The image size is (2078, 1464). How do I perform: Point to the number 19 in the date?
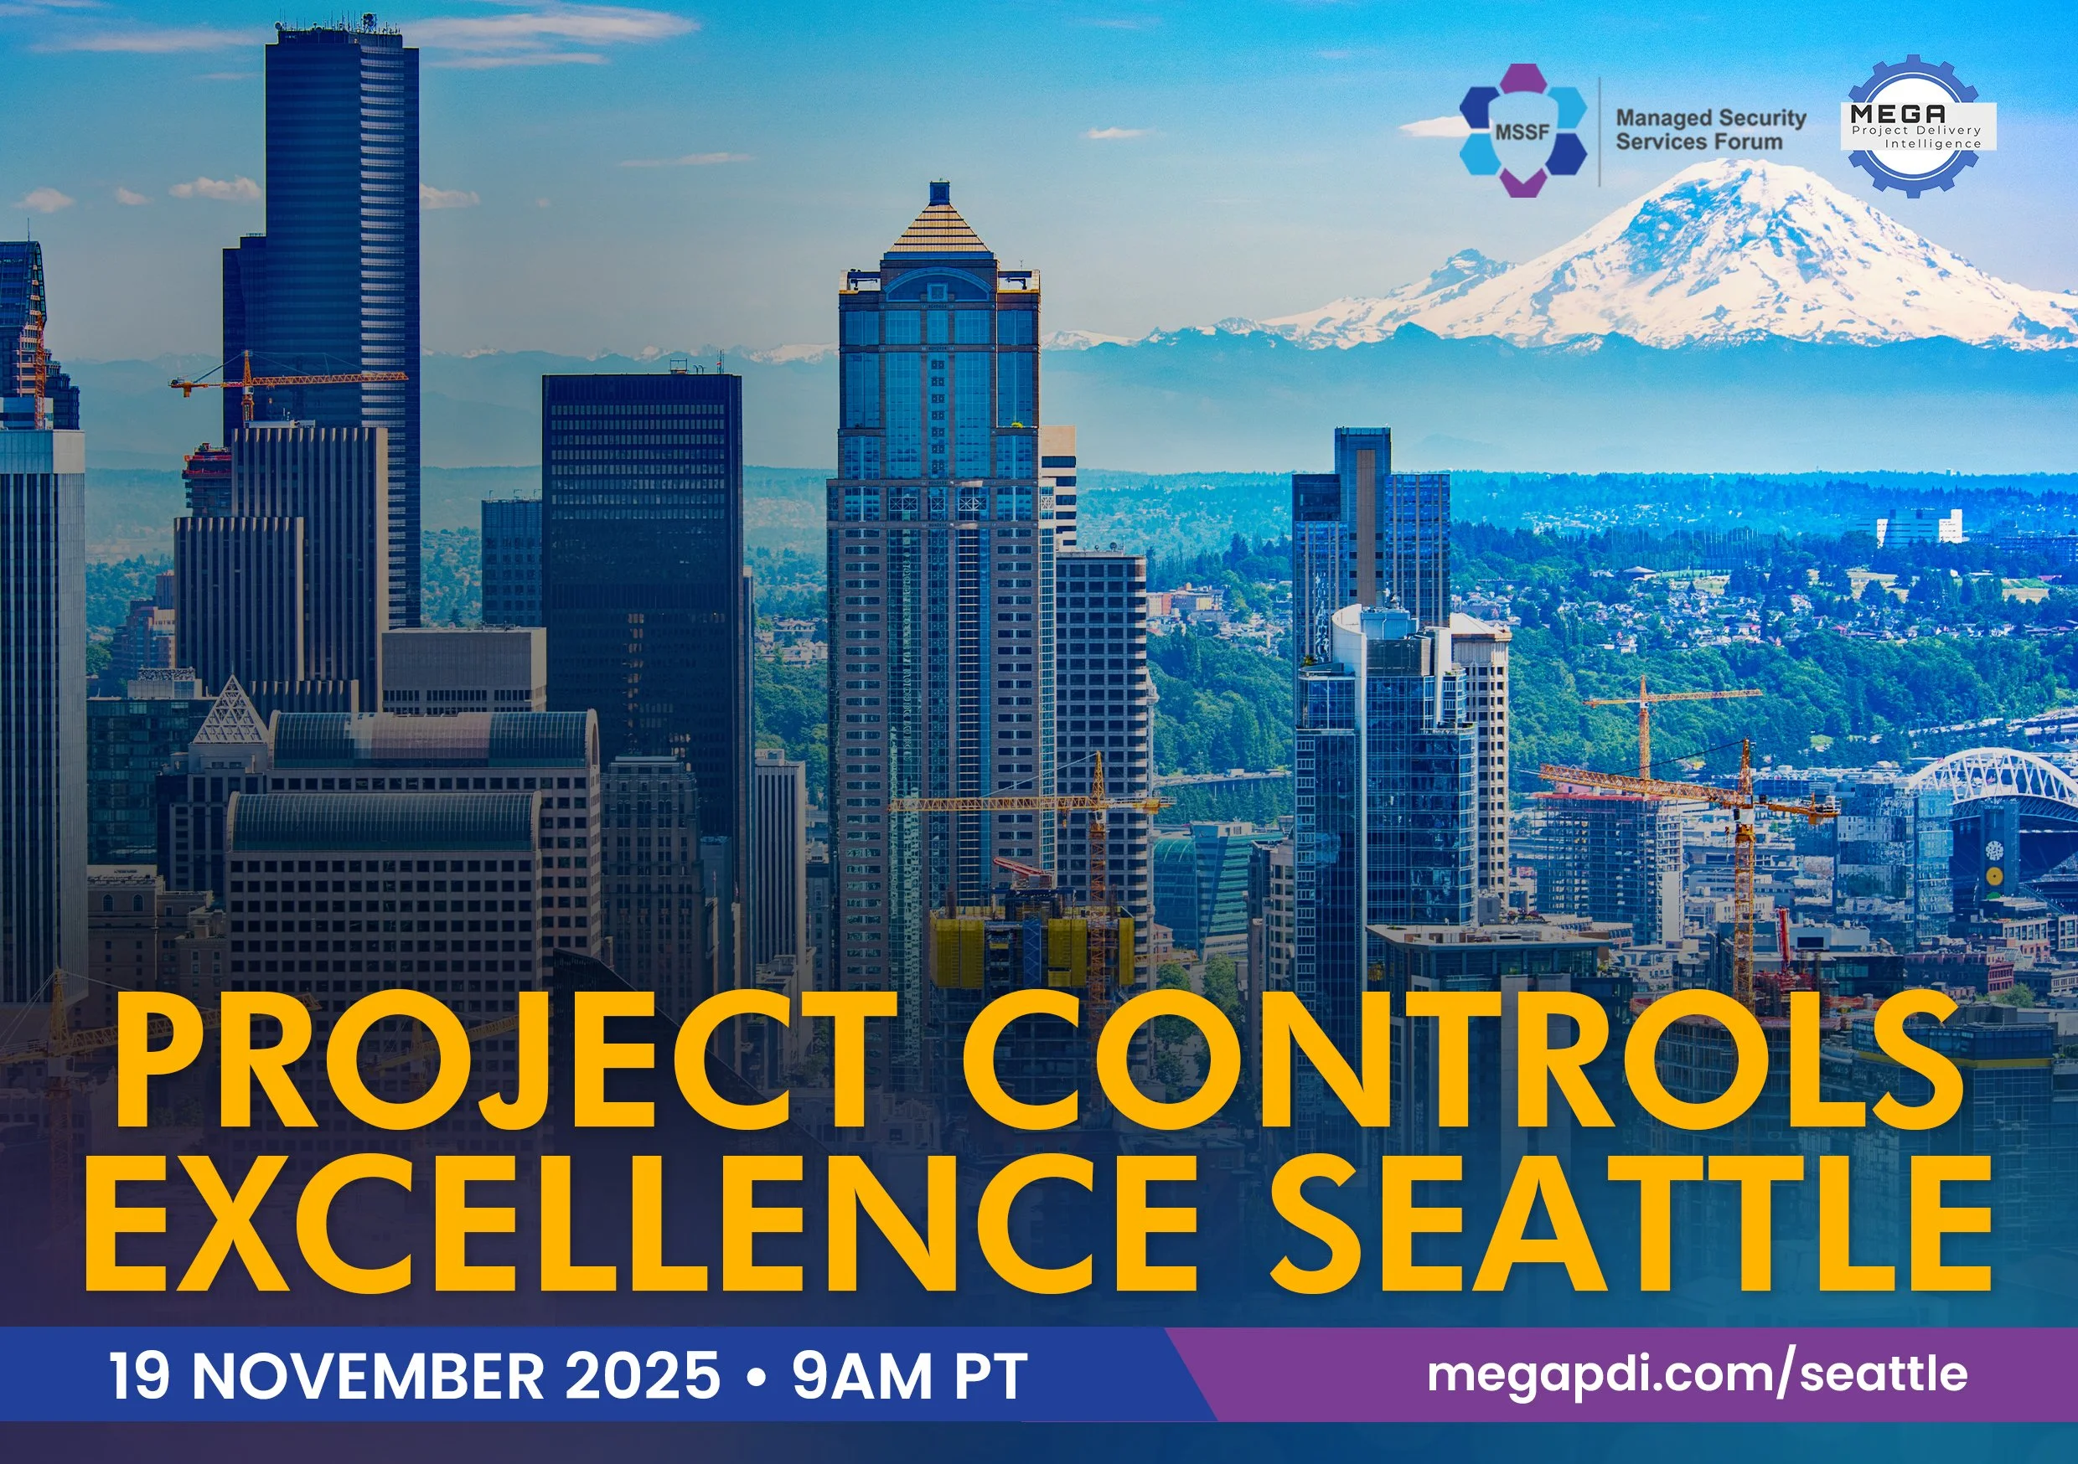click(138, 1376)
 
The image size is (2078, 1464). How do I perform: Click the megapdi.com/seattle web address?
click(1697, 1374)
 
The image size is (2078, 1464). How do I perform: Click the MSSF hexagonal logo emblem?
click(1522, 131)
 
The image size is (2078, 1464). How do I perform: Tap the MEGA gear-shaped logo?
click(1911, 126)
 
